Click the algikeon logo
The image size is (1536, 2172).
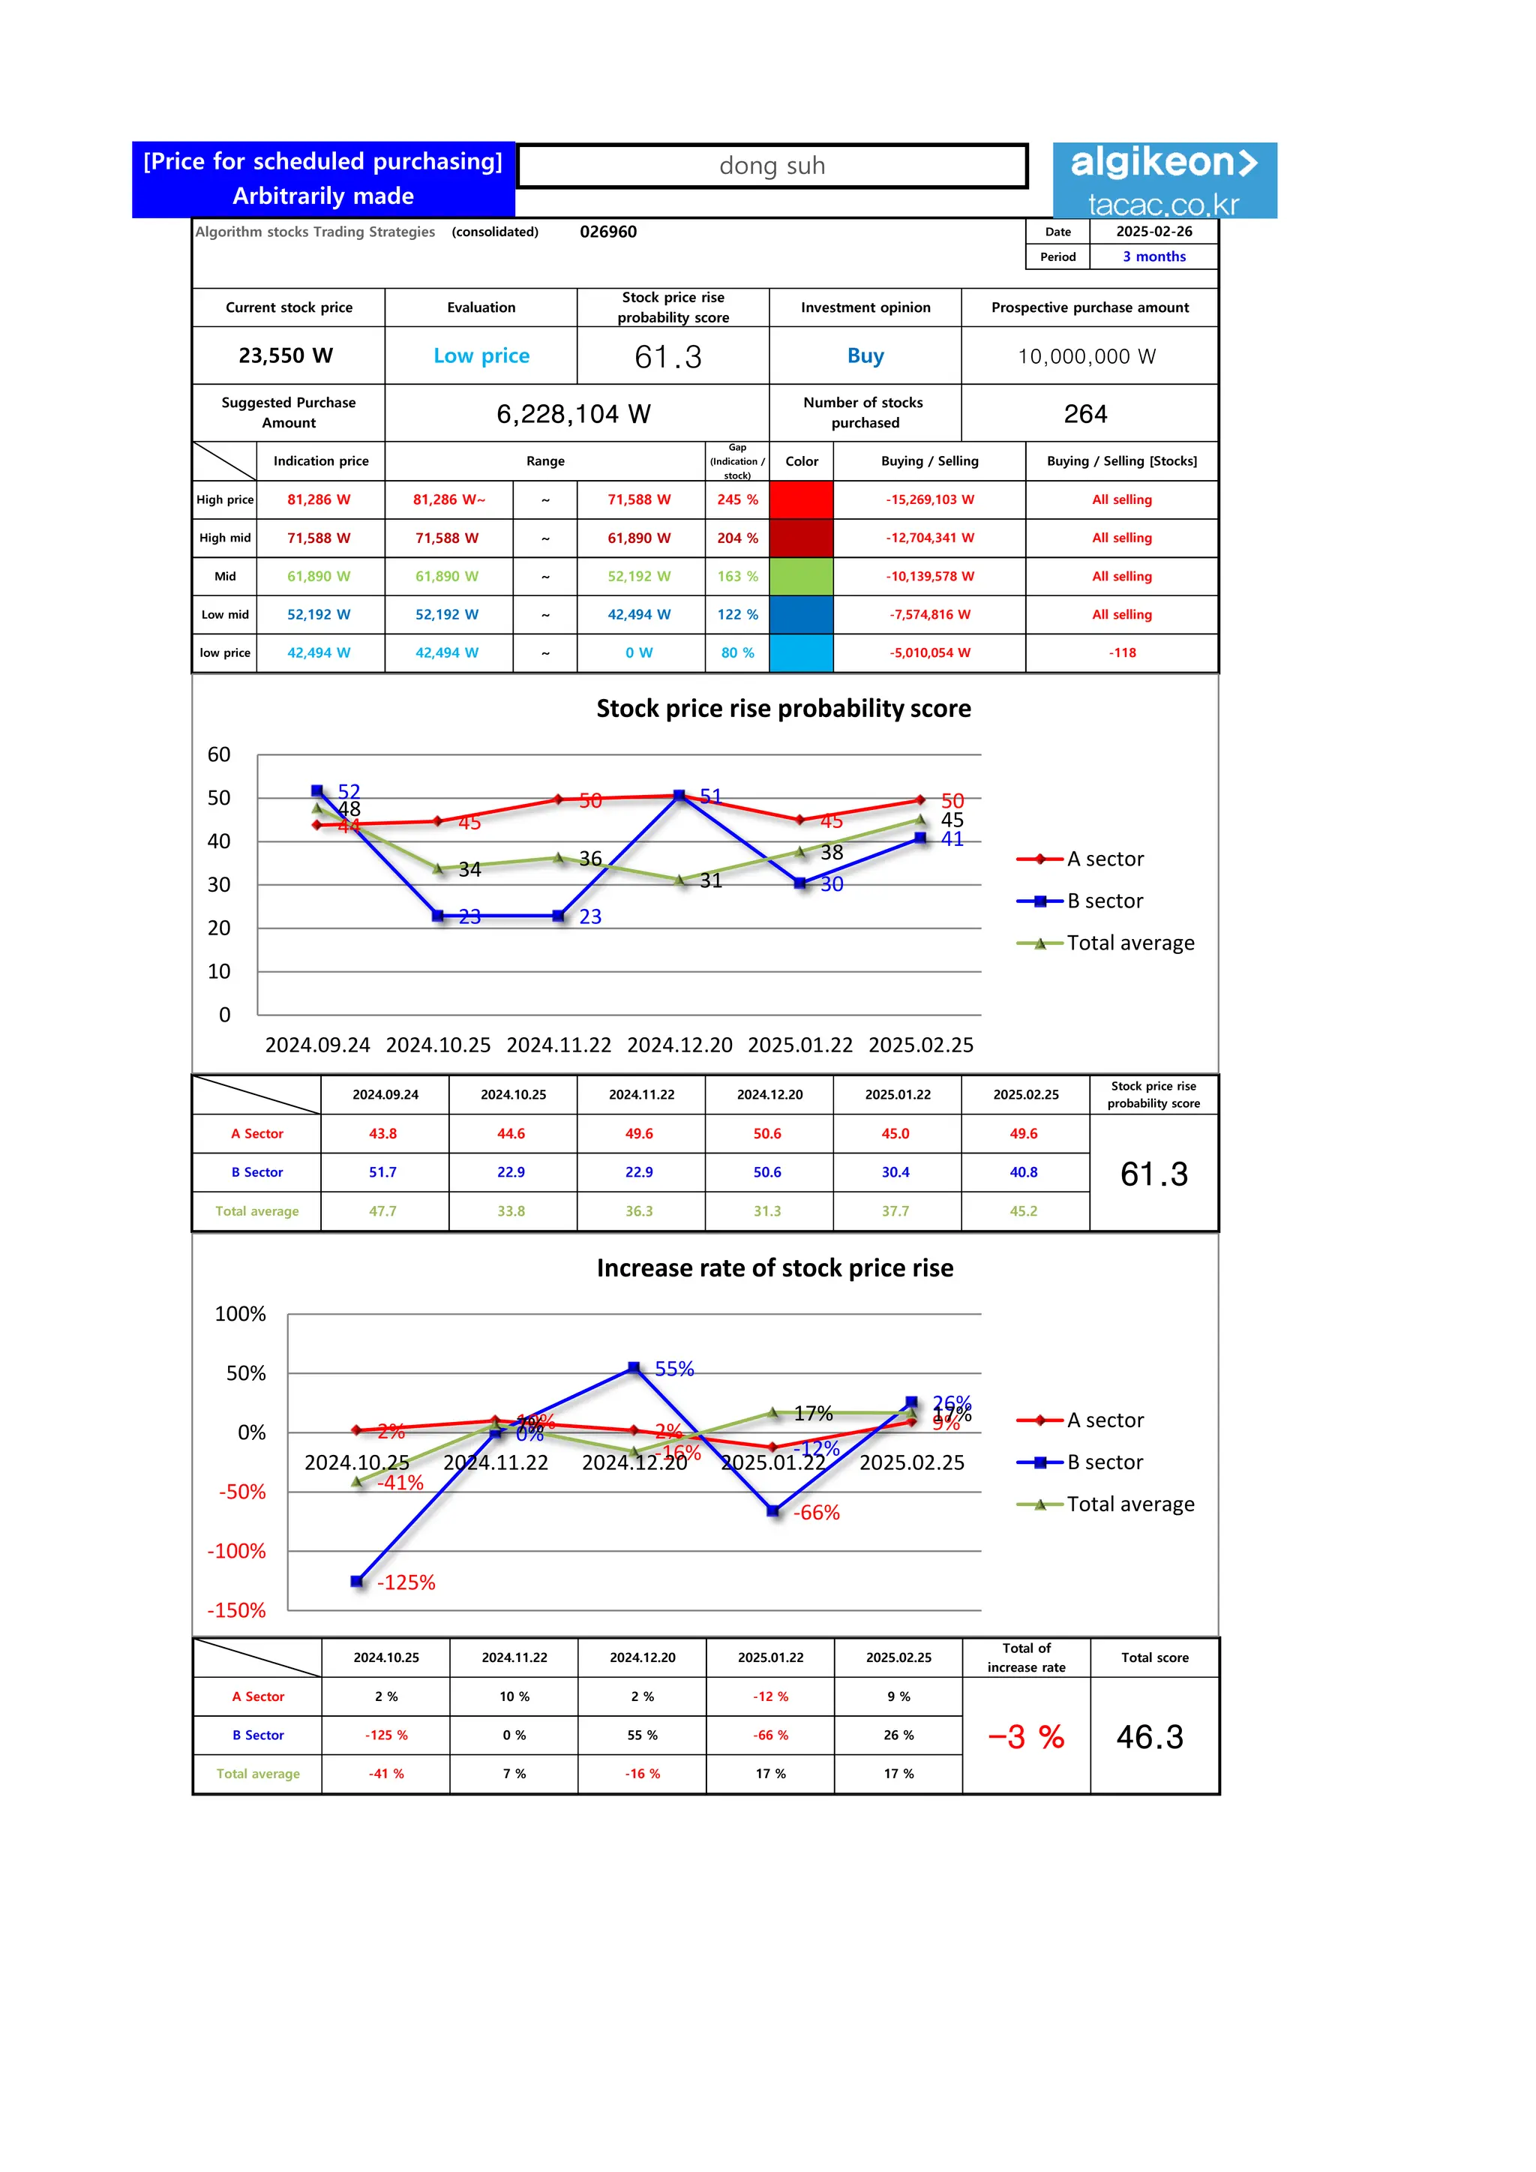[1163, 180]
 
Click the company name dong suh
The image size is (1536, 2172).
[772, 166]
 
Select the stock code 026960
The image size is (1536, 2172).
[608, 232]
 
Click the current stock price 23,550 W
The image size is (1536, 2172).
[286, 355]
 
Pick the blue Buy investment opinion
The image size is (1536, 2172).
[865, 355]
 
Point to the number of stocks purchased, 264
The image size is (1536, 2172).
[1084, 414]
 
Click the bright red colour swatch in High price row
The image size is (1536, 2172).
[801, 499]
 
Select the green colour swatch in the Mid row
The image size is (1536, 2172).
[801, 576]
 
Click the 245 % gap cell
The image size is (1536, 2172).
[736, 499]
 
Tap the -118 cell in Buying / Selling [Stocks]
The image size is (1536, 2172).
[1122, 652]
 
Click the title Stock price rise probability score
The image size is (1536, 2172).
[783, 709]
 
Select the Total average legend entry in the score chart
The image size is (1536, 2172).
[1129, 943]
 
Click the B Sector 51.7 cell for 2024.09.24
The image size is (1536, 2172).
[383, 1172]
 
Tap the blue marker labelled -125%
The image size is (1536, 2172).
[356, 1581]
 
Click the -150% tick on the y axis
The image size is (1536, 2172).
[236, 1610]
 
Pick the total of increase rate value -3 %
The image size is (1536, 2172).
[1026, 1737]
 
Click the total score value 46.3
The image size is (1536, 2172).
[1150, 1737]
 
